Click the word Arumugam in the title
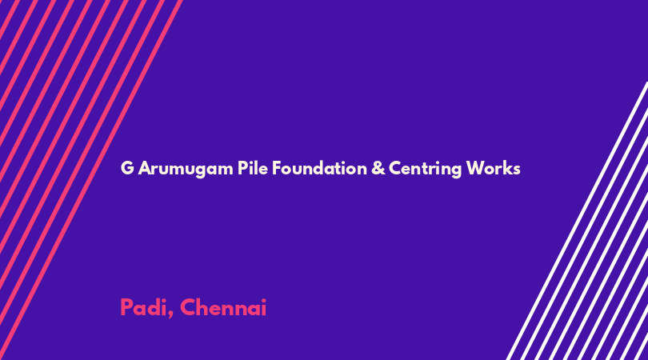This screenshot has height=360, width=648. pyautogui.click(x=186, y=169)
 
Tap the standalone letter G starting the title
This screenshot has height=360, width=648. pyautogui.click(x=127, y=168)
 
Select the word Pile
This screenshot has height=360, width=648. pyautogui.click(x=253, y=168)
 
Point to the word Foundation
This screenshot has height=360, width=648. pyautogui.click(x=319, y=168)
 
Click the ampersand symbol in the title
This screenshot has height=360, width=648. pyautogui.click(x=378, y=168)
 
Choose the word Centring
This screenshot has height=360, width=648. pyautogui.click(x=426, y=169)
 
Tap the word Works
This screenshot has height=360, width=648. pyautogui.click(x=493, y=168)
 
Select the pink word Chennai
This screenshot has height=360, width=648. pyautogui.click(x=223, y=307)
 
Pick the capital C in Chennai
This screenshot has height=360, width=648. pyautogui.click(x=188, y=307)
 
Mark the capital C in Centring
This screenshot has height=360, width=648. pyautogui.click(x=395, y=168)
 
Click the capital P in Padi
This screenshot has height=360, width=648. pyautogui.click(x=126, y=307)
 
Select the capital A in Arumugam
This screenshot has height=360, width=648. pyautogui.click(x=145, y=168)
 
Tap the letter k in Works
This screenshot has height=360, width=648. pyautogui.click(x=507, y=168)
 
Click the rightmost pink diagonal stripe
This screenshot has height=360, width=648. pyautogui.click(x=91, y=180)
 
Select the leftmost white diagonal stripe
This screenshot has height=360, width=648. pyautogui.click(x=577, y=221)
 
